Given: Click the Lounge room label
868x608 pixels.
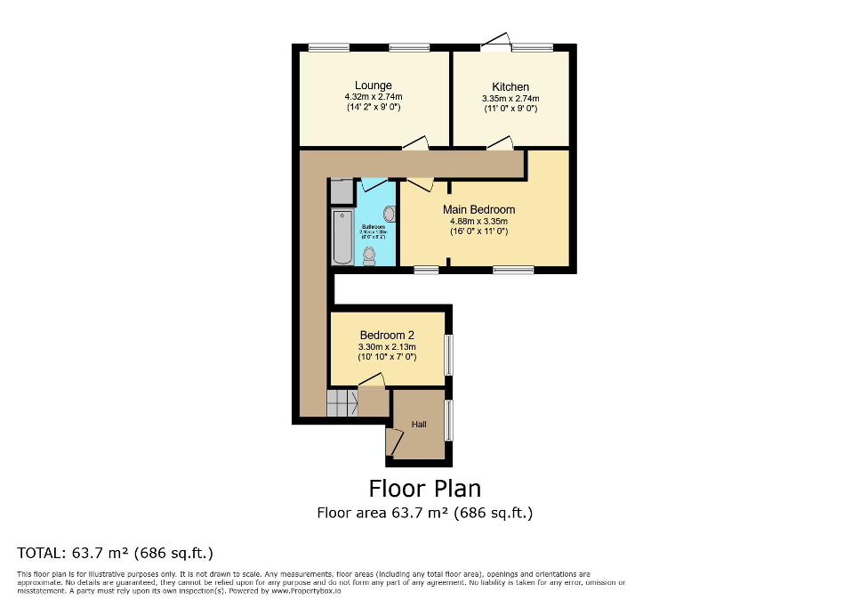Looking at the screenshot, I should tap(374, 85).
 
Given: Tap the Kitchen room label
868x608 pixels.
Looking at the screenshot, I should tap(510, 87).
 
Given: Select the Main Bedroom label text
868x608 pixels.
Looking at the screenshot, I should tap(479, 210).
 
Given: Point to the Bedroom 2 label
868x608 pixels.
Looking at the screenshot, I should tap(387, 336).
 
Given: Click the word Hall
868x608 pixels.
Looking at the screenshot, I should tap(418, 425).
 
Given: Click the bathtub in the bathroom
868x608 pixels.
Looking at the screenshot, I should tap(342, 237).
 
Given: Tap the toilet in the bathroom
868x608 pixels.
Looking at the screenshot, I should tap(369, 256).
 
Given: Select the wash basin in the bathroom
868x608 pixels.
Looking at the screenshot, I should tap(389, 214).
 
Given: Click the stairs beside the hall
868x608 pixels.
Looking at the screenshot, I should tap(342, 403).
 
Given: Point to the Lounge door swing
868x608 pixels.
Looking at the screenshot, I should tap(415, 142).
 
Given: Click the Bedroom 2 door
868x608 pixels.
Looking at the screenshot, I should tap(371, 381).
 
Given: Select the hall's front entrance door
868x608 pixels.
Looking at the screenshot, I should tap(390, 441).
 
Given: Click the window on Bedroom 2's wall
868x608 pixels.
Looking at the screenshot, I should tap(448, 354).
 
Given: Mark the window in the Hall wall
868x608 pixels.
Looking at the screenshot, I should tap(448, 420).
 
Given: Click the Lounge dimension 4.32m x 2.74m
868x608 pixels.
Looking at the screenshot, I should tap(374, 97).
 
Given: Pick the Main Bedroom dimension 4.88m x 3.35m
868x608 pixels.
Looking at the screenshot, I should tap(479, 222).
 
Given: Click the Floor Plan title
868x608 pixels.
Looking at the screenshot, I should tap(424, 488).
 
